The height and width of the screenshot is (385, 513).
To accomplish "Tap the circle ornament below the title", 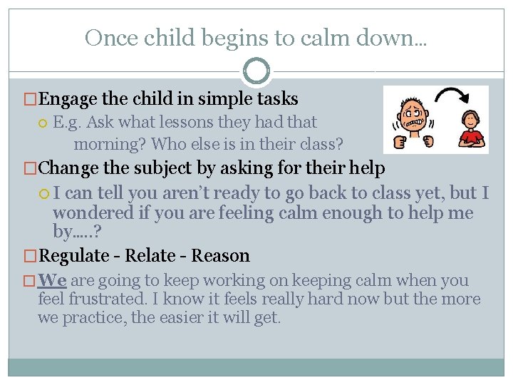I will coord(256,71).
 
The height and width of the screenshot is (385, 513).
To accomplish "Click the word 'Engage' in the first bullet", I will coord(68,99).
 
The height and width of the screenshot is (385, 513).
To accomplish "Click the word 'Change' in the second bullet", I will coord(67,168).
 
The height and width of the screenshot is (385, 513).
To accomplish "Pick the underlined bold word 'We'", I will coord(52,281).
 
